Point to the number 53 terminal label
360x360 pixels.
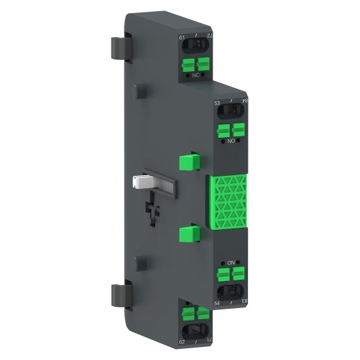pyautogui.click(x=218, y=103)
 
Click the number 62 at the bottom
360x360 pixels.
pyautogui.click(x=183, y=341)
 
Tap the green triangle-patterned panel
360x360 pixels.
pyautogui.click(x=227, y=201)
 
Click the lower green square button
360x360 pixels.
pyautogui.click(x=188, y=236)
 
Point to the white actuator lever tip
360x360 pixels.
pyautogui.click(x=136, y=182)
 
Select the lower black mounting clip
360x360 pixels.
pyautogui.click(x=117, y=294)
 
